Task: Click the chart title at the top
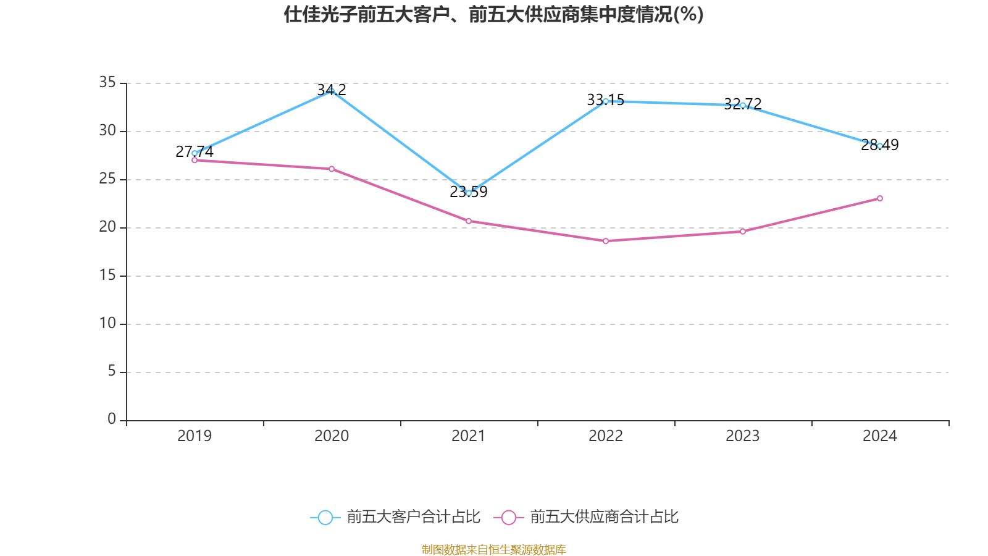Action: tap(493, 14)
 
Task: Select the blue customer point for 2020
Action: tap(332, 91)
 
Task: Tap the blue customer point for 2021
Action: tap(469, 193)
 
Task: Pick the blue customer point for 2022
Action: tap(606, 101)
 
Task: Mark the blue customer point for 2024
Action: tap(880, 146)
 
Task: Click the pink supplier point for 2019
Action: tap(195, 160)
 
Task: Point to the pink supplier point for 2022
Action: tap(606, 241)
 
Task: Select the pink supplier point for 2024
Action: tap(880, 198)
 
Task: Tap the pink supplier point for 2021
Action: tap(469, 221)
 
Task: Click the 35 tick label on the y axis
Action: tap(107, 82)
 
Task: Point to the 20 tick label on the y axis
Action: tap(107, 227)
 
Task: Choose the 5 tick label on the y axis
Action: tap(112, 371)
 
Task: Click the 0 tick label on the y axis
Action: tap(112, 419)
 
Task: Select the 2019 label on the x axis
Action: tap(195, 436)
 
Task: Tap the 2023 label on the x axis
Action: tap(743, 436)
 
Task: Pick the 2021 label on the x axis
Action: tap(469, 436)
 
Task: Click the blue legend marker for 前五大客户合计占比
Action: tap(325, 517)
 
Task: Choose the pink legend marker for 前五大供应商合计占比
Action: tap(509, 517)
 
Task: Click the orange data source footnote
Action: tap(493, 549)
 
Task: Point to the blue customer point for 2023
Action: tap(743, 105)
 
